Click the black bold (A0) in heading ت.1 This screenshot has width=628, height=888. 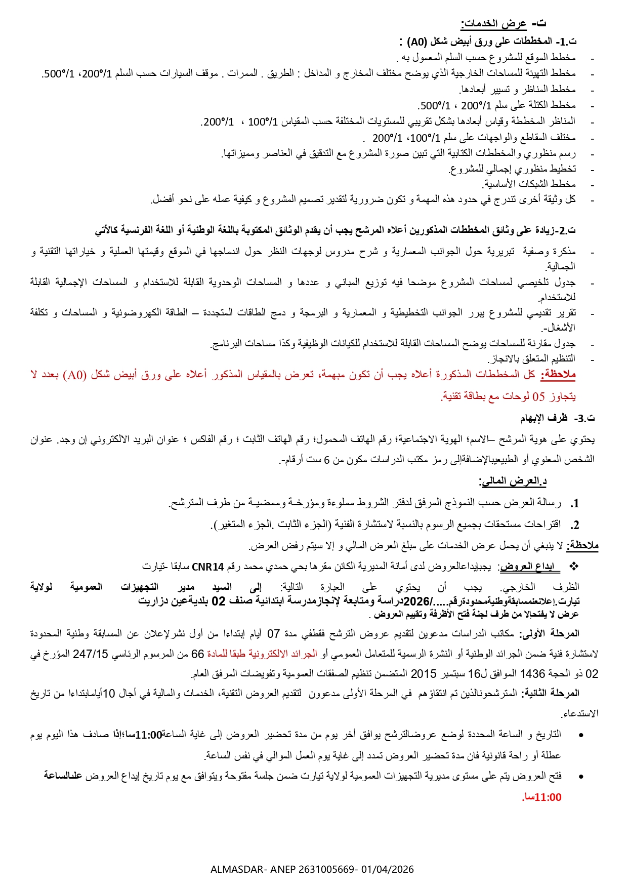point(416,42)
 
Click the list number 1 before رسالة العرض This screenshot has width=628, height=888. point(575,504)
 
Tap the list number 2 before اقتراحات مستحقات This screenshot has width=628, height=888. point(575,525)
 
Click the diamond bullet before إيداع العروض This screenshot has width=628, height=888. point(574,566)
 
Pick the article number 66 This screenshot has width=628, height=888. point(197,654)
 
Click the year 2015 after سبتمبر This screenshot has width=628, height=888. point(423,674)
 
